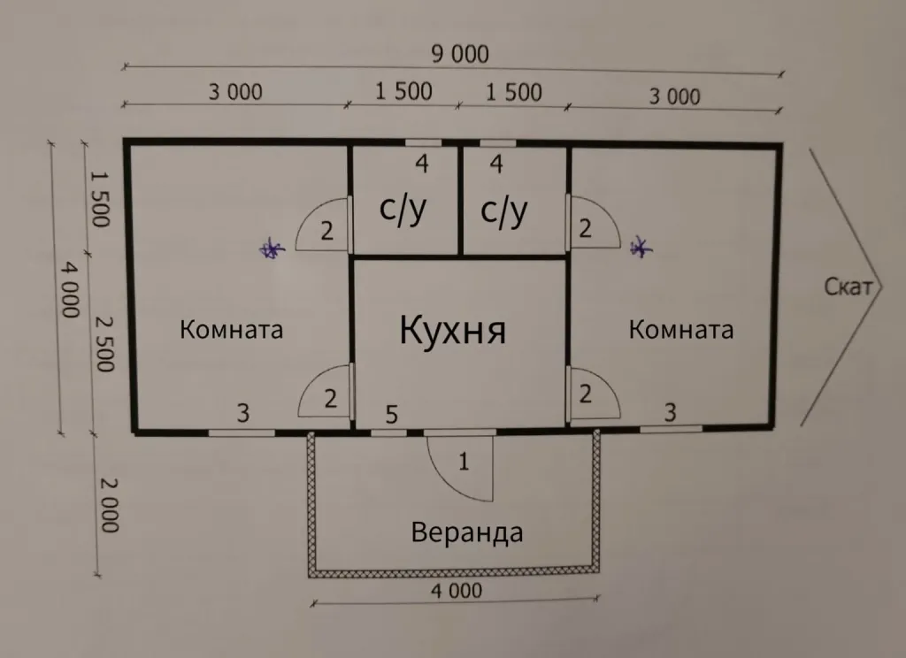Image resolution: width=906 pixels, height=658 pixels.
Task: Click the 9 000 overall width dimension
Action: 459,55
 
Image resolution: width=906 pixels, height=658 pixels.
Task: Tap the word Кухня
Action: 452,331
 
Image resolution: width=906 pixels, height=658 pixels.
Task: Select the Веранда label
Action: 466,532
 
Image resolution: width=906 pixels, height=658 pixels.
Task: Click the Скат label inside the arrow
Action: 848,286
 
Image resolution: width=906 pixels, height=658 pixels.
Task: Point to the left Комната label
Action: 231,330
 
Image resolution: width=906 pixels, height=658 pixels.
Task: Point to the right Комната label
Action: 680,330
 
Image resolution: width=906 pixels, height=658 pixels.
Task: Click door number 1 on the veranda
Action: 464,461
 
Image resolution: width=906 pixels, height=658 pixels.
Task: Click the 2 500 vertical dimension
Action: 104,343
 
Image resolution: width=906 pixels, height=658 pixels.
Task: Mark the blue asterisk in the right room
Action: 640,249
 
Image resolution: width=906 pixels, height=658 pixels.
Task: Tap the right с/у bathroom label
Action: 503,210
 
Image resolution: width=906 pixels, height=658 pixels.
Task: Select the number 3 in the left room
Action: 242,412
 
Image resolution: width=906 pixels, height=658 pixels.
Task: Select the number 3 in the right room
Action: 670,411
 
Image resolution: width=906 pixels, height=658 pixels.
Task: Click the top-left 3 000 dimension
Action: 235,91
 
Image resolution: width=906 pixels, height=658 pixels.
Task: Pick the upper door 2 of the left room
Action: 326,231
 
